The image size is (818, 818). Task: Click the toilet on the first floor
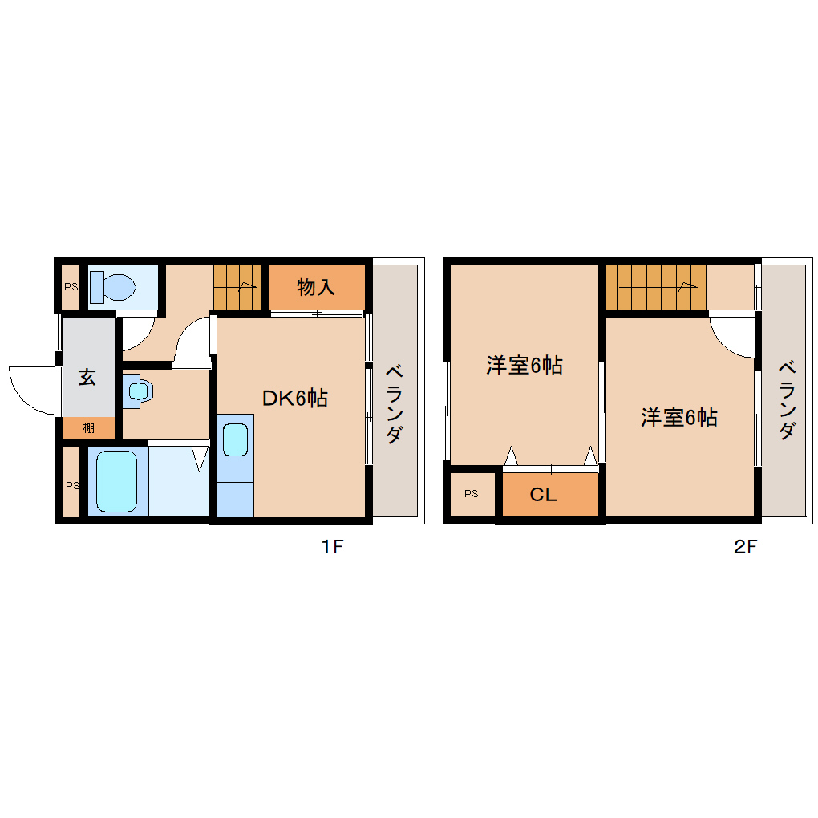(x=111, y=285)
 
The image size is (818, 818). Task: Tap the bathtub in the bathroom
(x=117, y=482)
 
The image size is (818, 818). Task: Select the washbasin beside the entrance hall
(x=140, y=391)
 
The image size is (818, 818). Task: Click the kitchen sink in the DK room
(x=235, y=440)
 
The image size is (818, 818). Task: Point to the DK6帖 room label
(x=295, y=398)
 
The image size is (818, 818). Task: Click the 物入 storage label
(x=316, y=287)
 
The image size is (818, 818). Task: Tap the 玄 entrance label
(x=87, y=377)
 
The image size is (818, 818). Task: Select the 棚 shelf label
(x=88, y=428)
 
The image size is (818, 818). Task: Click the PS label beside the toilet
(x=71, y=285)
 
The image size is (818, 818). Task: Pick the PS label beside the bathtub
(x=72, y=485)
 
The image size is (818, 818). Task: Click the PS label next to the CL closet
(x=471, y=494)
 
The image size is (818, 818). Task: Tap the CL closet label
(x=543, y=495)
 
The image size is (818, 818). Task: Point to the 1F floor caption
(x=332, y=548)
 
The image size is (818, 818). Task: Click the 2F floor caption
(x=745, y=548)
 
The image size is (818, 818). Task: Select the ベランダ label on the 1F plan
(x=394, y=404)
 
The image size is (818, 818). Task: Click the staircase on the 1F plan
(x=238, y=287)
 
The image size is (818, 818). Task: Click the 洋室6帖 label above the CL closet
(x=524, y=366)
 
